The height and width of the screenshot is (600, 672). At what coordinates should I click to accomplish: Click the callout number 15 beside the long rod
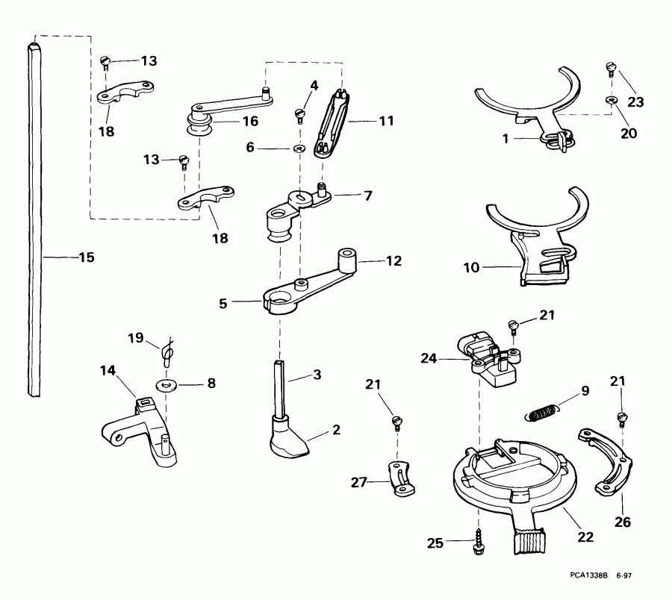point(86,257)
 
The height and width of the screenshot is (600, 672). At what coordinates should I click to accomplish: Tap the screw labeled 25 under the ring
point(478,543)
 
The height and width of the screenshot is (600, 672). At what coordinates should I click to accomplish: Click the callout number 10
point(472,265)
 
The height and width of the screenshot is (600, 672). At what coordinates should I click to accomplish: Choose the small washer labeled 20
point(611,101)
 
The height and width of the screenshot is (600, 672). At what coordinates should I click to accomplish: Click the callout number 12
point(393,261)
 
